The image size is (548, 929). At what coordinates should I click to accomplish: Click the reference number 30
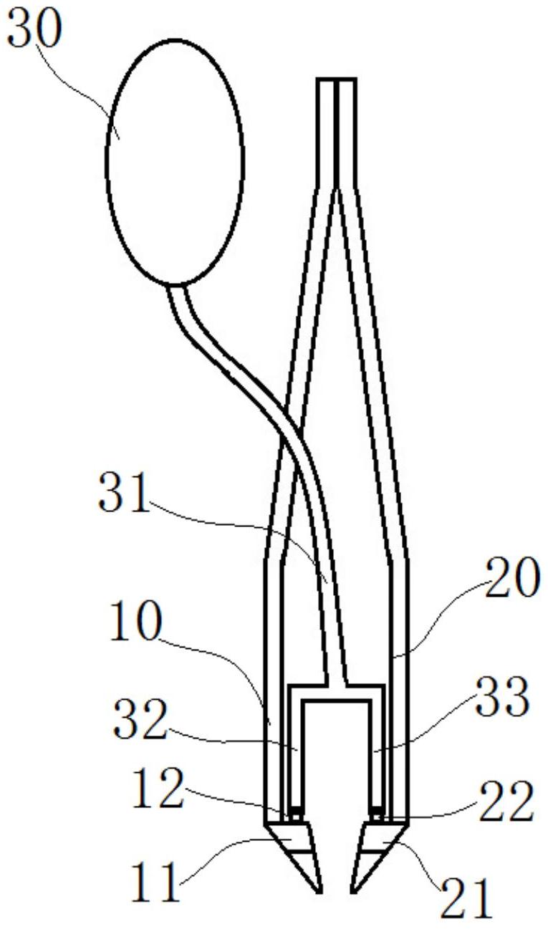tap(35, 29)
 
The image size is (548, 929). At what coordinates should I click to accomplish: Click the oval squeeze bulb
tap(175, 162)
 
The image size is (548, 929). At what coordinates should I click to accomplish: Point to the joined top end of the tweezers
tap(336, 79)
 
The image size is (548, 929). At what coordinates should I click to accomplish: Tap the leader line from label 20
tap(440, 618)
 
